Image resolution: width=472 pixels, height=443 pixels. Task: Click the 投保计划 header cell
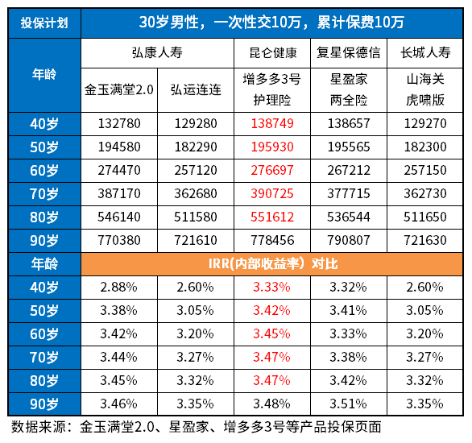coord(44,22)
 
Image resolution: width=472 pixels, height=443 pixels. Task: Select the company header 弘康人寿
coord(157,54)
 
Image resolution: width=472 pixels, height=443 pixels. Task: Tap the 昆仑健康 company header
coord(270,54)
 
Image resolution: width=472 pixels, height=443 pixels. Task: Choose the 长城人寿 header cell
coord(425,54)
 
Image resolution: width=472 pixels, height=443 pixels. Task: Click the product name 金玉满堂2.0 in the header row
coord(119,90)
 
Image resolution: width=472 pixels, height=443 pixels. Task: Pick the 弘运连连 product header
coord(195,90)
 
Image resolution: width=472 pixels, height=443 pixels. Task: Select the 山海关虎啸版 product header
coord(425,90)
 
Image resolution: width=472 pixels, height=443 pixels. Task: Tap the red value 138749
coord(270,125)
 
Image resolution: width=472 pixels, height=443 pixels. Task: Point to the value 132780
coord(119,125)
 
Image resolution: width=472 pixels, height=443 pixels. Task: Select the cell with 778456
coord(270,241)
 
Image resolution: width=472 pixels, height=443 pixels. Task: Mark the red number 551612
coord(270,217)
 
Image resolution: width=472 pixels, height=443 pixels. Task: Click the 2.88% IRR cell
coord(119,287)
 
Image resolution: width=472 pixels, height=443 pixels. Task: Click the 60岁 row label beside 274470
coord(44,172)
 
